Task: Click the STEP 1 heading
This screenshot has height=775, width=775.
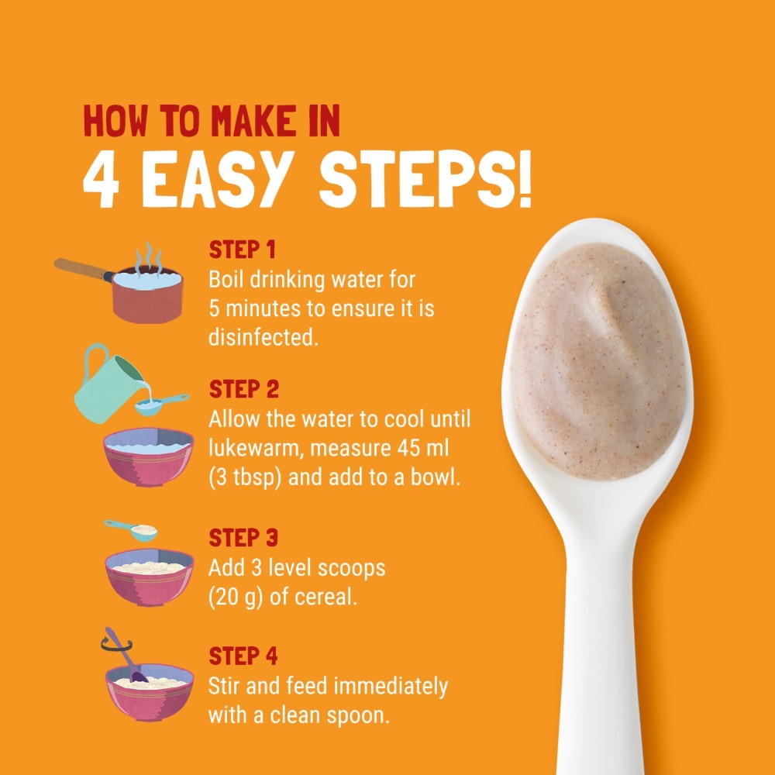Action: [x=242, y=250]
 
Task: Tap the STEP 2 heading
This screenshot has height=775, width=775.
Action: [x=243, y=389]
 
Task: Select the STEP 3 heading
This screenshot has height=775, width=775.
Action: [x=243, y=538]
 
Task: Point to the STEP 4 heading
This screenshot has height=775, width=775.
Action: [x=243, y=656]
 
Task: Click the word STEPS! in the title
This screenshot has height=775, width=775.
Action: [x=425, y=179]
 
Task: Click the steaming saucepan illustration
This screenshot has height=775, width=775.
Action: [x=121, y=284]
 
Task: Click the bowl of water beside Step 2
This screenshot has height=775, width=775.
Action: [x=148, y=456]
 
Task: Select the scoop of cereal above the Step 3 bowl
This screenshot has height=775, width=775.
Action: [x=132, y=530]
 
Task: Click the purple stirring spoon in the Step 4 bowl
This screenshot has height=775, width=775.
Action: [x=126, y=655]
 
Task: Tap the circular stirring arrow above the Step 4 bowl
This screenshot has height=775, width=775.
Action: [x=116, y=644]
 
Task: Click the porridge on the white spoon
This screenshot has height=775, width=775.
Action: [x=598, y=361]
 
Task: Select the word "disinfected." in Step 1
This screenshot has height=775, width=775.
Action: [x=263, y=337]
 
